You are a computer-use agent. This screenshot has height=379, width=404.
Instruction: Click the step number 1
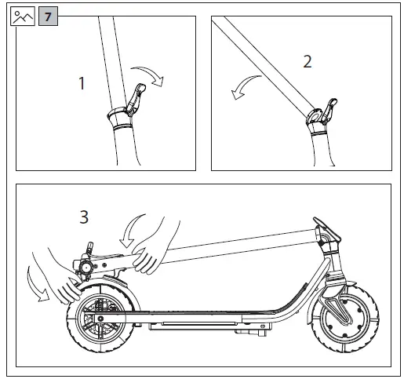pyautogui.click(x=82, y=83)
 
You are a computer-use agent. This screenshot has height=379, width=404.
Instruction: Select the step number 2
pyautogui.click(x=308, y=61)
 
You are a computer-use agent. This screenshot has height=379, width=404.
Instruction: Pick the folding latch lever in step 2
pyautogui.click(x=330, y=110)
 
